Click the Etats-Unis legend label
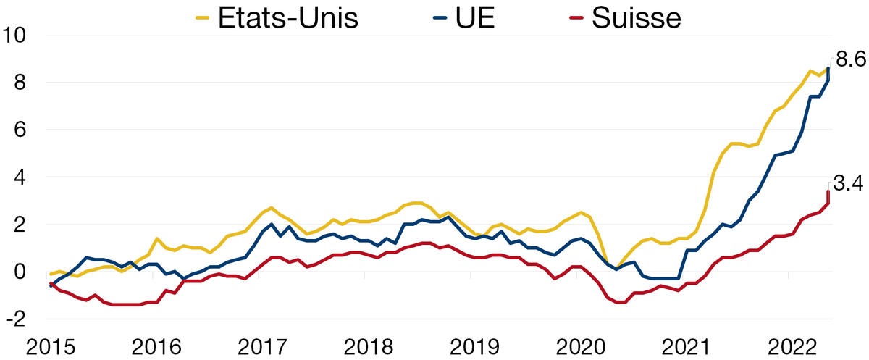tap(288, 17)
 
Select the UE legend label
tap(475, 17)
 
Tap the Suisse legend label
tap(636, 17)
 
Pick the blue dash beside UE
tap(440, 19)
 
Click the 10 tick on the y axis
tap(15, 35)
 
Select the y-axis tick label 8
tap(20, 83)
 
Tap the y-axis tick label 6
tap(20, 130)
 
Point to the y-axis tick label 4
tap(20, 177)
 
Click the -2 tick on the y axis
tap(16, 319)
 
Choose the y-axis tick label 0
tap(20, 272)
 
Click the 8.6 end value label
tap(850, 60)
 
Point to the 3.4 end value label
tap(850, 185)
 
